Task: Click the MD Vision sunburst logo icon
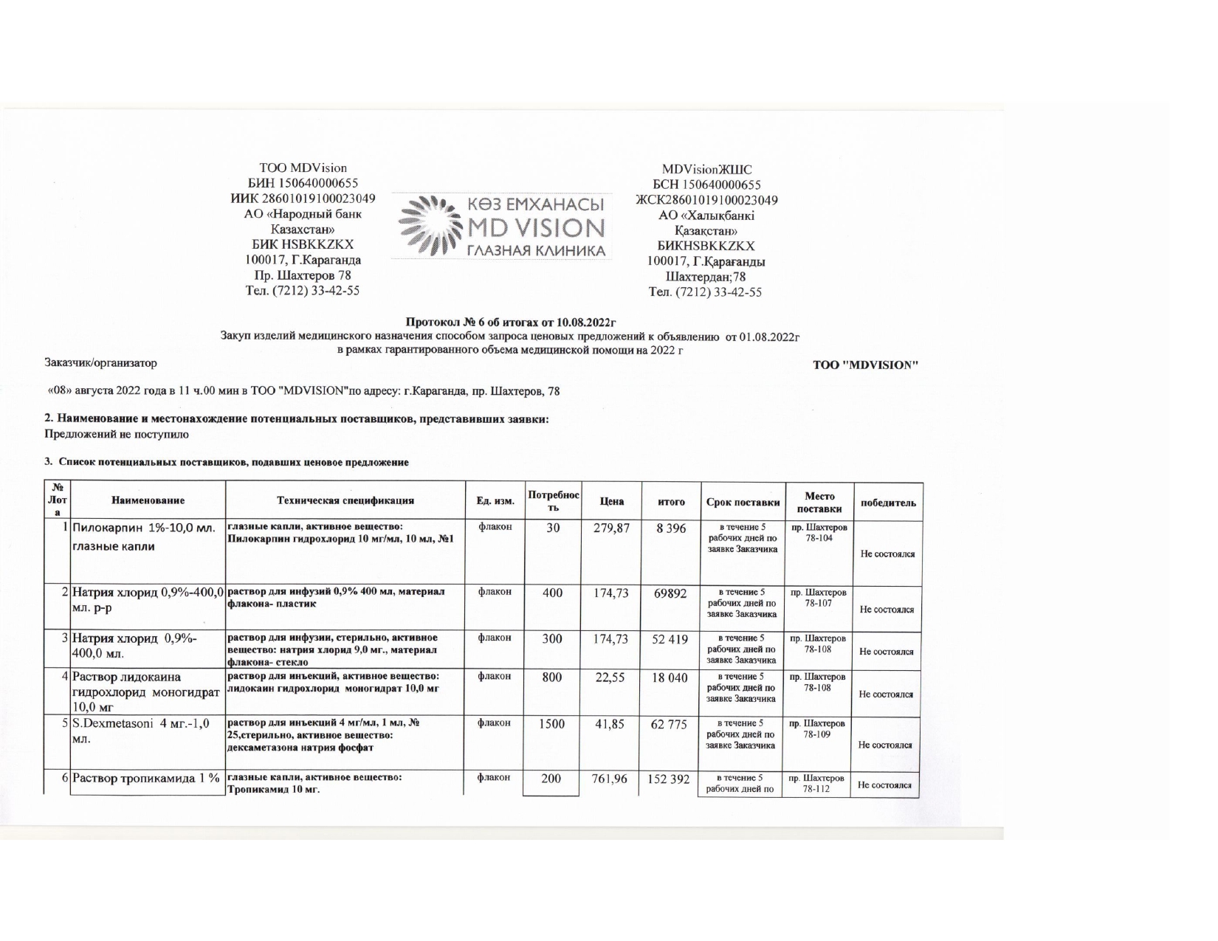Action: point(427,226)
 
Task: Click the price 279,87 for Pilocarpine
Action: point(611,528)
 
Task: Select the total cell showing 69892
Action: point(670,593)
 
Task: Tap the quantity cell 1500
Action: point(551,725)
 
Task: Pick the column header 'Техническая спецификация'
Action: point(345,501)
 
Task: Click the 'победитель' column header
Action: point(887,503)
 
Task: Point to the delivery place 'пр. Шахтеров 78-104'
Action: point(819,533)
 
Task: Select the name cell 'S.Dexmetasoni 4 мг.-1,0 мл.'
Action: point(140,731)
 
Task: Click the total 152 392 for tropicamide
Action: point(670,779)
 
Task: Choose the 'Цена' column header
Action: point(611,501)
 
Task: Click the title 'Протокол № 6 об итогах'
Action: point(511,322)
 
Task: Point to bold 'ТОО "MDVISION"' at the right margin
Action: point(865,365)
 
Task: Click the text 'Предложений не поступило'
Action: point(117,435)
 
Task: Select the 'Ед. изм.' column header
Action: point(495,501)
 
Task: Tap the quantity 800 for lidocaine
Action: point(551,678)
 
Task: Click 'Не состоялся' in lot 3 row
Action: point(887,652)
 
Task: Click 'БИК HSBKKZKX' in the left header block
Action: point(303,244)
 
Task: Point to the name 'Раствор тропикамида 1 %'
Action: point(146,779)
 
